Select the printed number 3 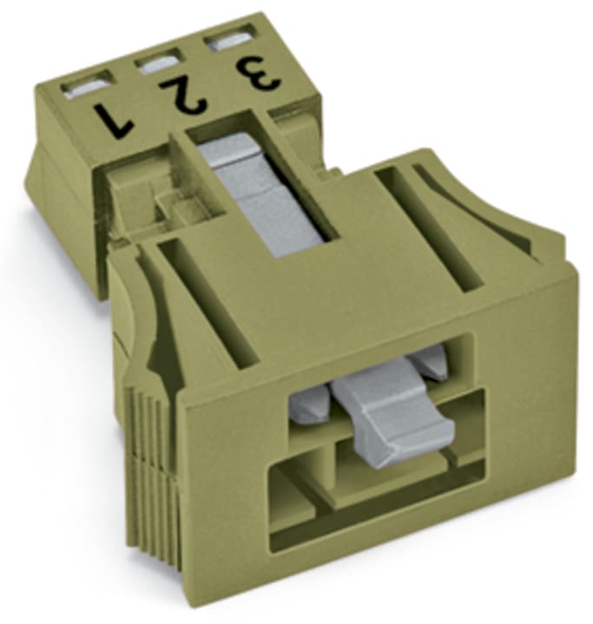click(260, 72)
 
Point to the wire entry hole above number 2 click(157, 62)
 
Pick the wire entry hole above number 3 click(229, 40)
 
